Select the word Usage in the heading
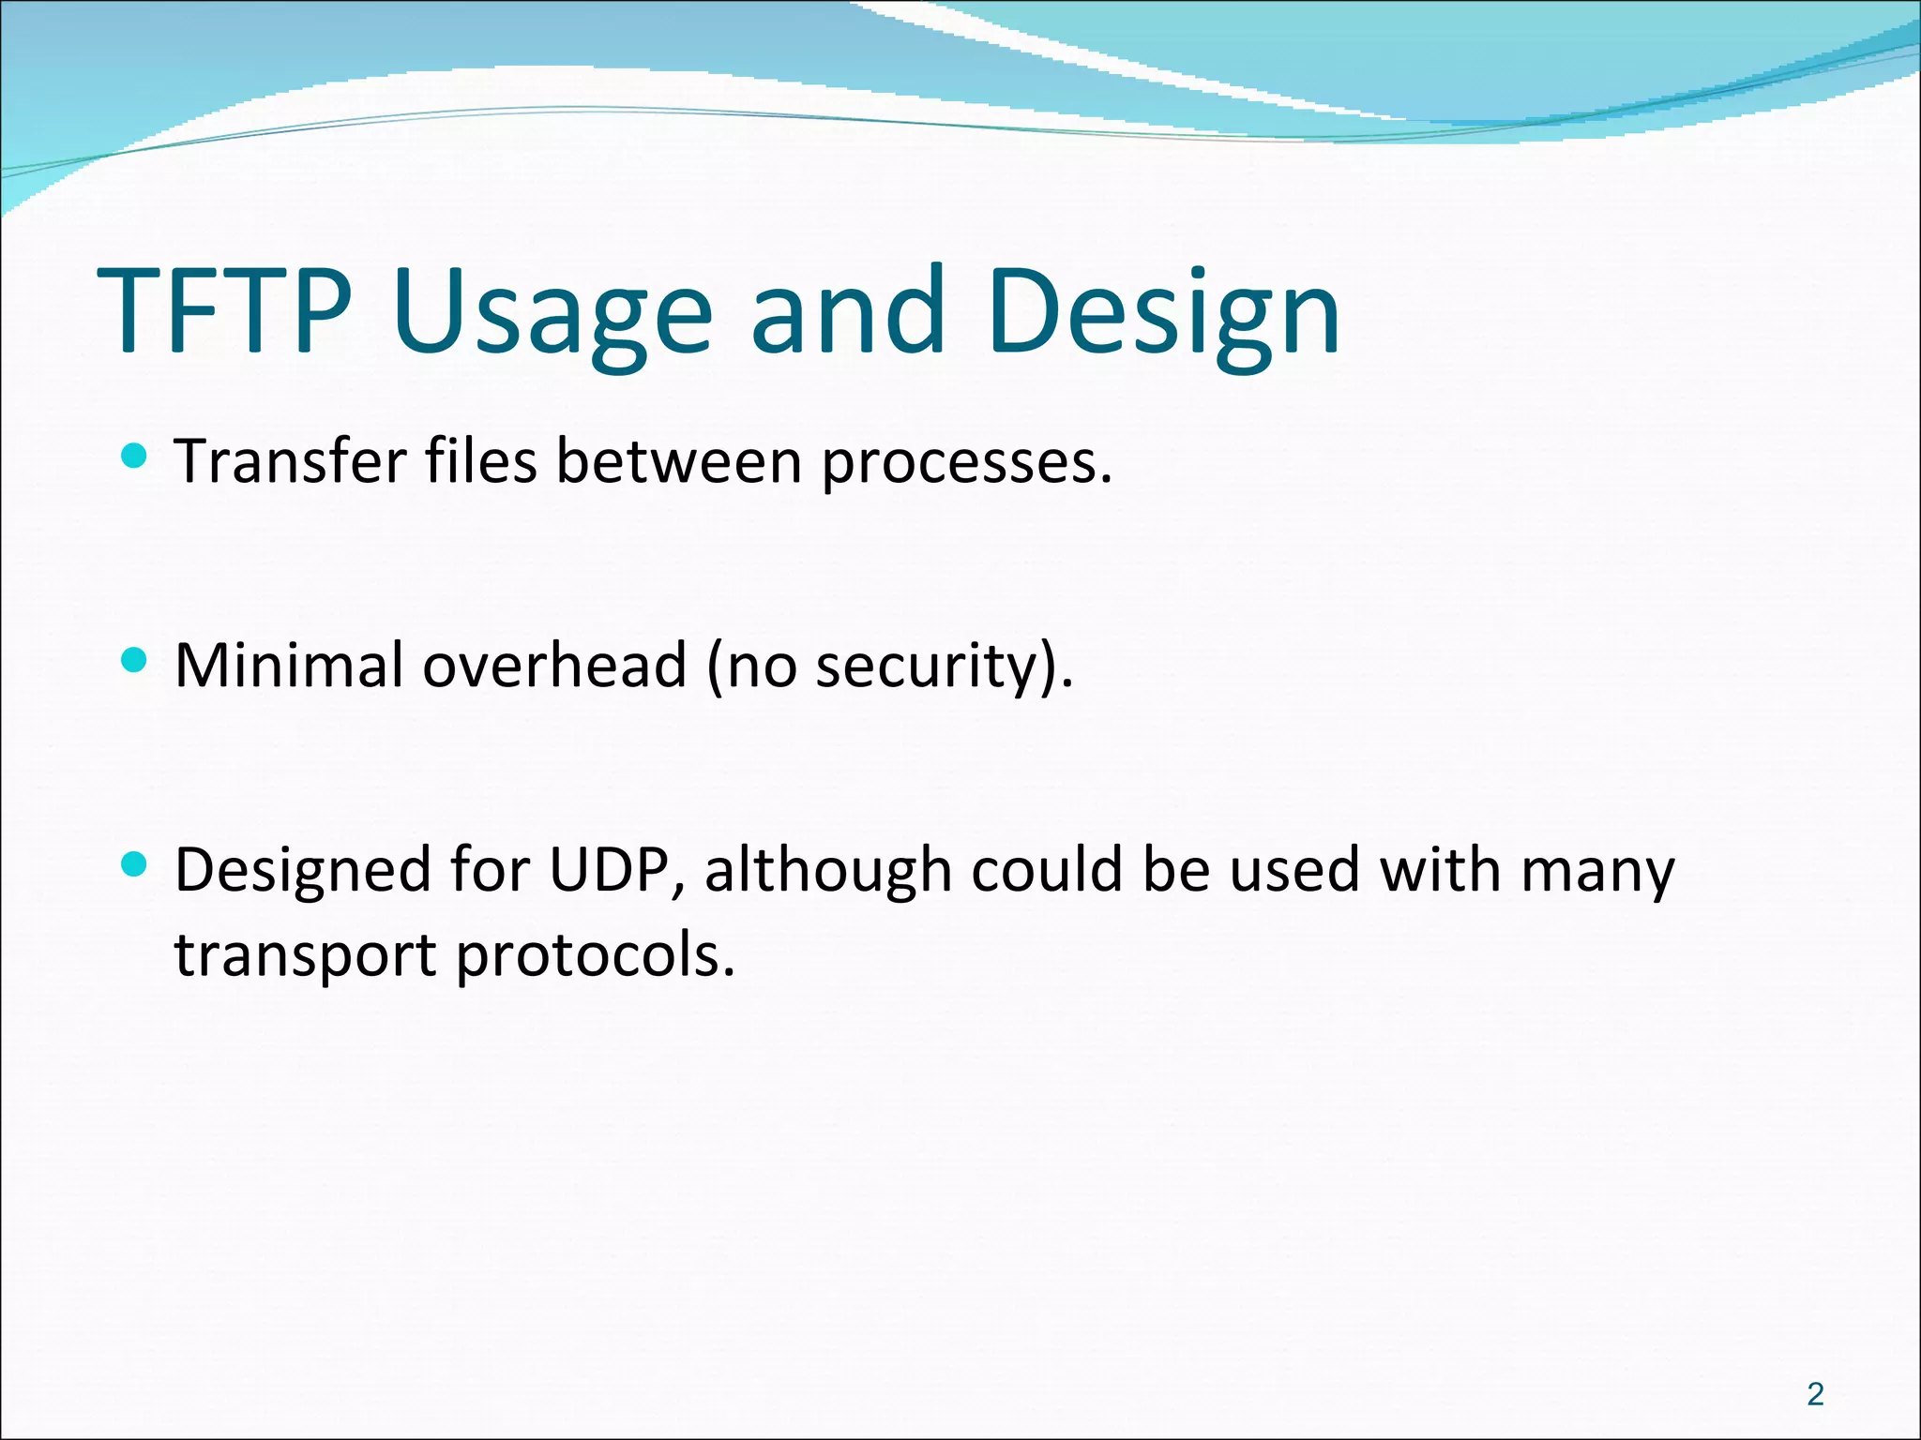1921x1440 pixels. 552,313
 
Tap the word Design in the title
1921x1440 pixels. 1163,313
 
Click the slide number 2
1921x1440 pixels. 1815,1395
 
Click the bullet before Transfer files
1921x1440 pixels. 135,457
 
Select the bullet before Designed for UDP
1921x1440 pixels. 135,864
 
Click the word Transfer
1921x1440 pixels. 292,461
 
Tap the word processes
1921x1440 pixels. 966,463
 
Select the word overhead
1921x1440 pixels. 554,665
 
